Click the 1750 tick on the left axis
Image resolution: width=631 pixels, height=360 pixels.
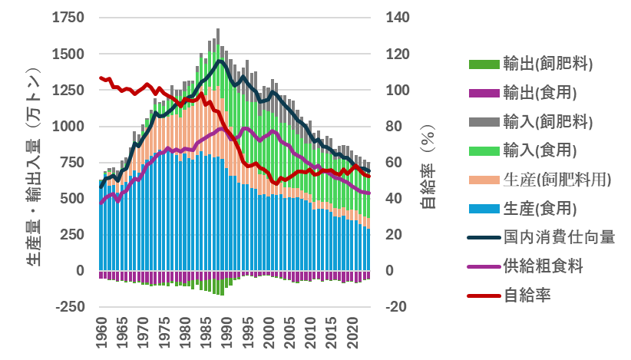click(68, 18)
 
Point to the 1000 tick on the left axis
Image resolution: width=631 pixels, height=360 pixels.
click(68, 127)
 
